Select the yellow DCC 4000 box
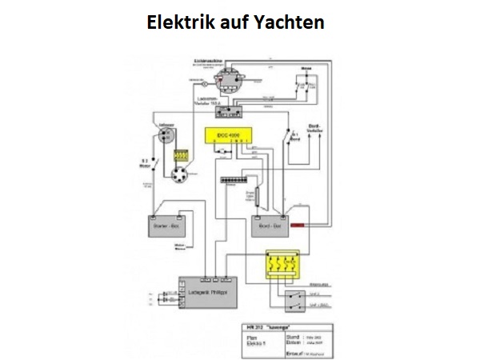point(228,137)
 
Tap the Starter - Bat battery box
point(167,227)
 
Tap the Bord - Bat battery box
point(269,227)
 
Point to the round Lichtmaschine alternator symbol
point(229,79)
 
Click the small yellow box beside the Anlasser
point(181,154)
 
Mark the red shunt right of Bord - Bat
point(299,226)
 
